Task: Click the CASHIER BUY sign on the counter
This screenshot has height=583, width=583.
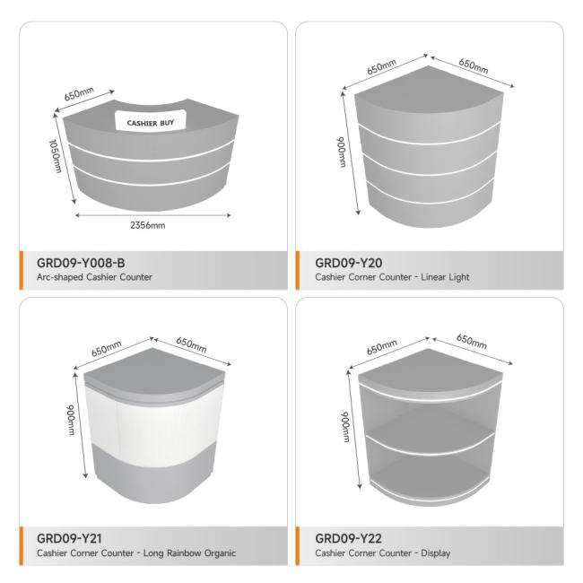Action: [x=151, y=120]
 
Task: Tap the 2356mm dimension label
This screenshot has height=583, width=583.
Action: [x=148, y=225]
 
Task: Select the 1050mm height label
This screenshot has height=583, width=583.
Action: [x=56, y=156]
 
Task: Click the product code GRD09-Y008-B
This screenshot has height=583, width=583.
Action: [x=81, y=263]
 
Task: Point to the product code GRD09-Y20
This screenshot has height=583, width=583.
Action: [x=348, y=263]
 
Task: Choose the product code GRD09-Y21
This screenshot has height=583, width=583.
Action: [x=69, y=538]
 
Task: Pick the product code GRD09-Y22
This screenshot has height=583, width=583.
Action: [x=348, y=538]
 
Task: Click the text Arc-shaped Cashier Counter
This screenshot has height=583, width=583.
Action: [x=94, y=277]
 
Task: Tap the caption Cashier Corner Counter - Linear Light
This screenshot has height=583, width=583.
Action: [x=392, y=277]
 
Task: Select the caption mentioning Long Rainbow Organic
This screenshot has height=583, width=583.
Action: [x=136, y=553]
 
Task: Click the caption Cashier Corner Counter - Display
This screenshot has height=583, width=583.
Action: [x=383, y=553]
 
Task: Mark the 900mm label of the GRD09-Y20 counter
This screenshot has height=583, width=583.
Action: [x=342, y=152]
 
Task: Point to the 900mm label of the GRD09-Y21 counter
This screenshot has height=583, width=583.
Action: [x=71, y=420]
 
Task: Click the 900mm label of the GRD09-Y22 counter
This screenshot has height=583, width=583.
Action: [x=346, y=426]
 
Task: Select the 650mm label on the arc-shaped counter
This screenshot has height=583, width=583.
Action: [x=79, y=93]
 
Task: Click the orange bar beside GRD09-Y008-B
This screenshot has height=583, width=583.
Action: [x=22, y=270]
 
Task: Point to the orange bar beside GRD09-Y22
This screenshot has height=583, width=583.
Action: [x=298, y=546]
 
